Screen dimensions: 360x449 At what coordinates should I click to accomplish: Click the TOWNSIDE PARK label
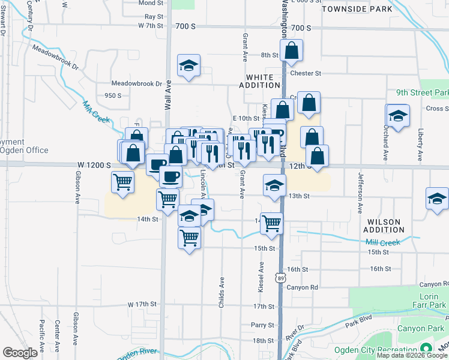(357, 9)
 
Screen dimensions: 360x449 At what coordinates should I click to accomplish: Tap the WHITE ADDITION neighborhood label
(260, 81)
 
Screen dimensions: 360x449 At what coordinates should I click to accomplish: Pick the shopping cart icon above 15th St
(190, 238)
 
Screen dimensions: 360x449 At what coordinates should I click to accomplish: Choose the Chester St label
(306, 73)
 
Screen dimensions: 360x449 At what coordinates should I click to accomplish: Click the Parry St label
(263, 325)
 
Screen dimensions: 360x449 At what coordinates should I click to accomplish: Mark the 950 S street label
(113, 95)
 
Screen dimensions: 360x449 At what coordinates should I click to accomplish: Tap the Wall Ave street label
(168, 95)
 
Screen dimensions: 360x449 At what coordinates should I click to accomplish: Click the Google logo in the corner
(20, 353)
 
